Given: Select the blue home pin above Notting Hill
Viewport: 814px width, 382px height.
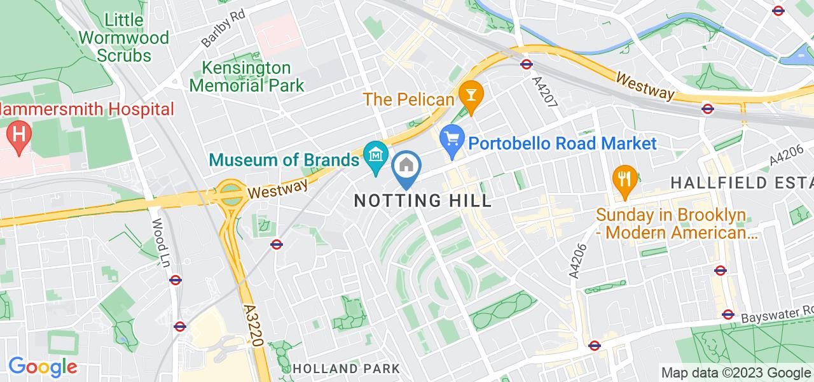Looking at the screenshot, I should pos(406,167).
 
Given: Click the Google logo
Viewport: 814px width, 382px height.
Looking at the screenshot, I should pos(42,367).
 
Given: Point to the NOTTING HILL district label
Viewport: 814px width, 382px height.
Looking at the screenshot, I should pos(423,201).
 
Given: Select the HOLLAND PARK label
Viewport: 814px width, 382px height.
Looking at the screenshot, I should pos(347,369).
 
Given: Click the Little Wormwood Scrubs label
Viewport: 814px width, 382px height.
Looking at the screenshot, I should pos(125,38).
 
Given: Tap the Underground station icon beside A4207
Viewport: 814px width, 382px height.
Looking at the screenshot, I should pos(526,64).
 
